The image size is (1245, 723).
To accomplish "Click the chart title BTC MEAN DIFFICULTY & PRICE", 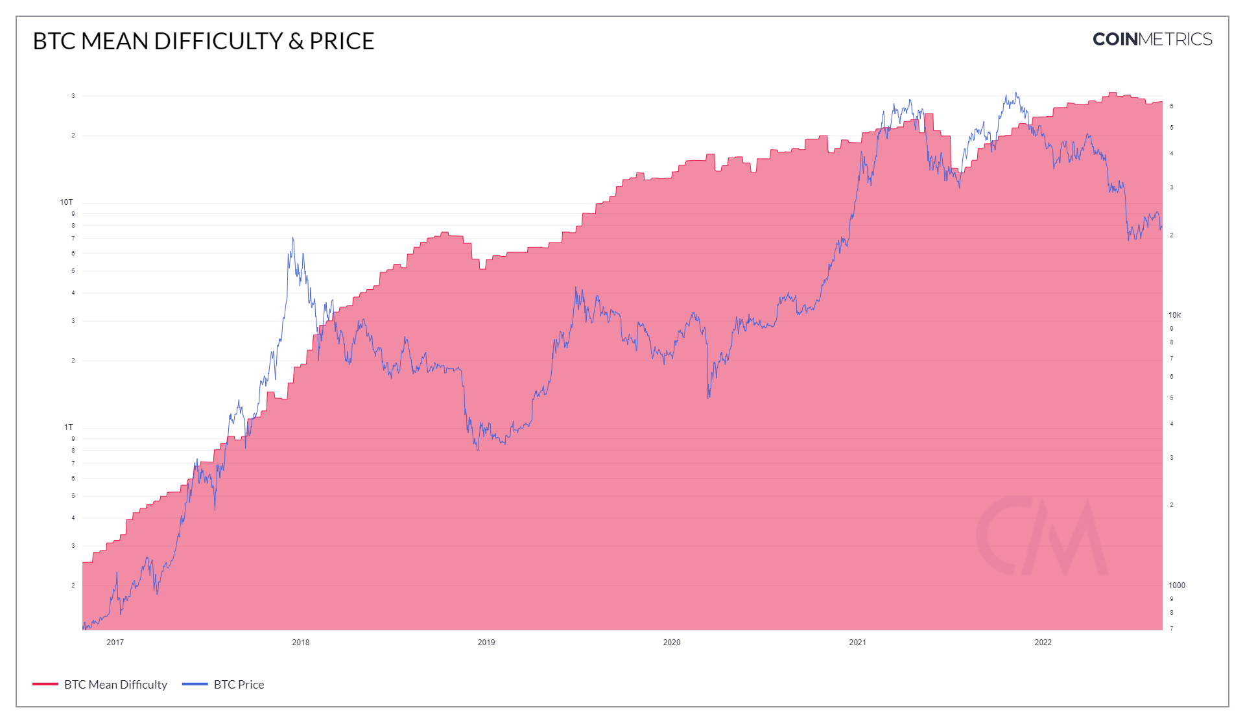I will pos(203,41).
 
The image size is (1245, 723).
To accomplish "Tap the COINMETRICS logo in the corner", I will pos(1152,40).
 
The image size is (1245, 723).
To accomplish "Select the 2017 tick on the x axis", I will pos(115,643).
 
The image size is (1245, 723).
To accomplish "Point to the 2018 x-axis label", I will pos(300,643).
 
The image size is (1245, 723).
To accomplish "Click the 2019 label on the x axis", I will pos(486,643).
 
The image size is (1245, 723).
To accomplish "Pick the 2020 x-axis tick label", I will pos(671,643).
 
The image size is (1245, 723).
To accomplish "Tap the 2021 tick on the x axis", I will pos(857,643).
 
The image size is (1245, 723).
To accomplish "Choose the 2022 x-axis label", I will pos(1043,643).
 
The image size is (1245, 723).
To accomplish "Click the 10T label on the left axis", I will pos(66,202).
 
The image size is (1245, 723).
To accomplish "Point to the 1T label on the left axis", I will pos(68,427).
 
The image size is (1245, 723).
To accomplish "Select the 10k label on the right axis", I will pos(1174,315).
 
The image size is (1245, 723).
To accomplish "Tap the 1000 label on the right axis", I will pos(1176,586).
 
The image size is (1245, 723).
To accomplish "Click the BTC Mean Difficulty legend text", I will pos(115,685).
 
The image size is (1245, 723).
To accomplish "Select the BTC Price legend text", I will pos(239,685).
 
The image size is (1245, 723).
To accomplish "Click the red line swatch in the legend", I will pos(45,684).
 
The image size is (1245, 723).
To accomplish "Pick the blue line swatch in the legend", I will pos(195,684).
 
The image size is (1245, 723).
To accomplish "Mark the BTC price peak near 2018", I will pos(292,238).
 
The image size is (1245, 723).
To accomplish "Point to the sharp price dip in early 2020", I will pos(708,397).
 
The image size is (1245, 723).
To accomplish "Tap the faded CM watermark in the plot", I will pos(1041,536).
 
